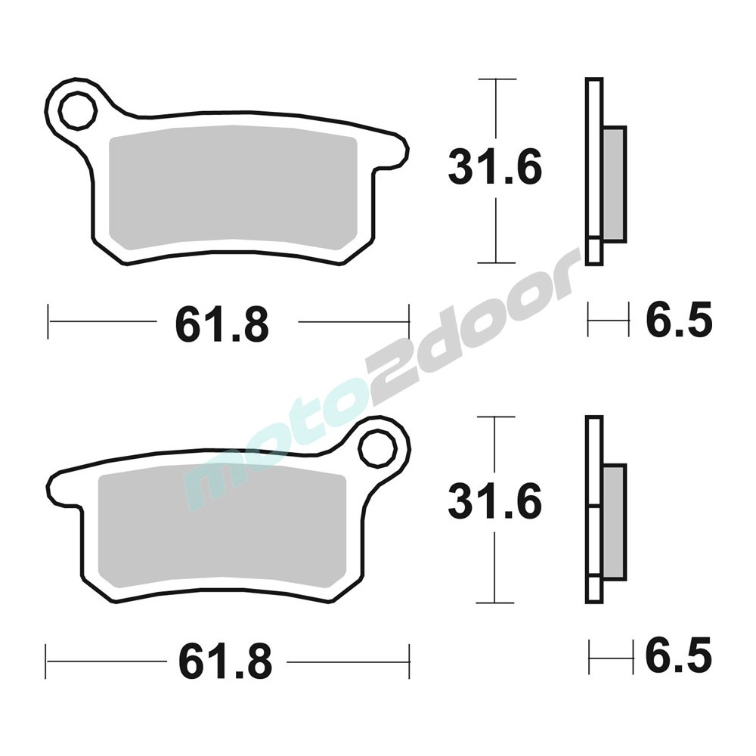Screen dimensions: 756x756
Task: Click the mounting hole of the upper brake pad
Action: [77, 111]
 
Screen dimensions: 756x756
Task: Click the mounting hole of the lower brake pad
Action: [377, 448]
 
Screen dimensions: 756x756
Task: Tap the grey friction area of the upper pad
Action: [234, 188]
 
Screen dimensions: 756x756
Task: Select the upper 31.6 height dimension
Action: [495, 167]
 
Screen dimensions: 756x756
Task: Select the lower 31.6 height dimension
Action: [495, 503]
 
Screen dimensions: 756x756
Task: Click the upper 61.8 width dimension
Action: [222, 324]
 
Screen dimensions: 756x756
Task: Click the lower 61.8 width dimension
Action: [225, 661]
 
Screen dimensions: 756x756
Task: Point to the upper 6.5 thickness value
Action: [679, 319]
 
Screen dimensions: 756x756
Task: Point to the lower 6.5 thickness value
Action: [679, 655]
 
